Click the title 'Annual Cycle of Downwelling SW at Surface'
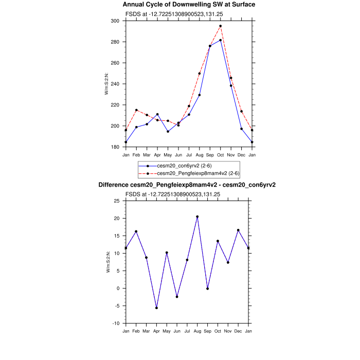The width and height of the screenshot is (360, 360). click(189, 5)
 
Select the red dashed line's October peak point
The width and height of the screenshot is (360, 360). click(221, 26)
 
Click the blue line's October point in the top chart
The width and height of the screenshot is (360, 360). click(221, 40)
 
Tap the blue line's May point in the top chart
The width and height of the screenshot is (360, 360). click(168, 131)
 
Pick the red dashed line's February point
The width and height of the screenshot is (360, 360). click(136, 110)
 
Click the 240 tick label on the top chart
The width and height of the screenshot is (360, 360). click(116, 84)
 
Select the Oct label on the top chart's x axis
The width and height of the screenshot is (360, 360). click(221, 154)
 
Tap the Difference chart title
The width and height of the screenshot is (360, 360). click(189, 185)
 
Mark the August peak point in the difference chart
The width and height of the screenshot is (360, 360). click(197, 217)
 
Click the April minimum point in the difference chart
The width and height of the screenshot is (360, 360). click(156, 308)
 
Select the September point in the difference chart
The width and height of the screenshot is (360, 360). click(207, 289)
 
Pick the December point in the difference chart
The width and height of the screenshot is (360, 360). click(238, 230)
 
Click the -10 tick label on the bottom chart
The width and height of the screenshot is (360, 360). click(116, 323)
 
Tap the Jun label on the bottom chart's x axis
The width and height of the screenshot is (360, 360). click(177, 331)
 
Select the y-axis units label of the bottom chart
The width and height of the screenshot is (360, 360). click(107, 262)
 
